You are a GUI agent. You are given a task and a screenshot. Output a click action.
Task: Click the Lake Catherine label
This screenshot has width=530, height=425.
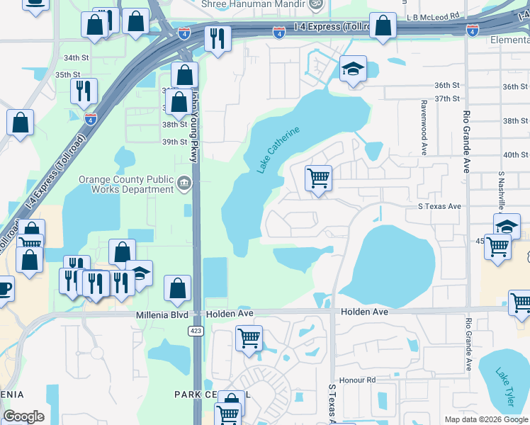click(278, 149)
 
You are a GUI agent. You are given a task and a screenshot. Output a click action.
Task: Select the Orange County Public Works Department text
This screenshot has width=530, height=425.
click(127, 184)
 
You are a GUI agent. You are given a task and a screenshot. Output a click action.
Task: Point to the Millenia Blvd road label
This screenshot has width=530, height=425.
click(162, 312)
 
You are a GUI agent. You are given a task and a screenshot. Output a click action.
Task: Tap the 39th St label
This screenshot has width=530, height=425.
click(174, 142)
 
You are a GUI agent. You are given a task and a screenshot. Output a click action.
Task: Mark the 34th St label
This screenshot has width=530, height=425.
click(76, 57)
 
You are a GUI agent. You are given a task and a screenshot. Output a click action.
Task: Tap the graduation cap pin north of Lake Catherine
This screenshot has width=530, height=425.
click(353, 69)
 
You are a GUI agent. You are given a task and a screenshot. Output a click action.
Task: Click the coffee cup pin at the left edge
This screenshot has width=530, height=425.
click(4, 289)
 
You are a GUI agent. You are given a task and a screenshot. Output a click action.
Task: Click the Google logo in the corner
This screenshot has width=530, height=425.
click(24, 416)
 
